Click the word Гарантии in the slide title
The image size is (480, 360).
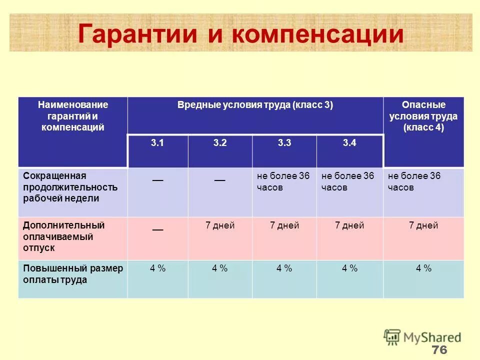click(136, 34)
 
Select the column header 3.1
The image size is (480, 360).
click(157, 143)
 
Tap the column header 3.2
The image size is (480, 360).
click(220, 143)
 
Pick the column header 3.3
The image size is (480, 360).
click(284, 143)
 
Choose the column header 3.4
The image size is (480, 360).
click(349, 143)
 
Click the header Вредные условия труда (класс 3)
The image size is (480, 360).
click(255, 105)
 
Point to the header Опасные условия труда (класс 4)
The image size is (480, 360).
click(423, 116)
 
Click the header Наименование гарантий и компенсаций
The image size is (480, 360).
click(73, 116)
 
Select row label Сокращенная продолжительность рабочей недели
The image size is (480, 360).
click(70, 187)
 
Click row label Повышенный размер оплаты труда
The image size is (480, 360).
click(72, 274)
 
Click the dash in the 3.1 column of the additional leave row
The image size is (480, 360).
click(157, 229)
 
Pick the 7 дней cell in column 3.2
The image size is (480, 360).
click(220, 226)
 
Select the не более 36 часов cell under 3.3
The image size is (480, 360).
click(283, 182)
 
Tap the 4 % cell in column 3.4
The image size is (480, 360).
click(349, 269)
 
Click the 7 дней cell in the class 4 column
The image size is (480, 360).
click(423, 226)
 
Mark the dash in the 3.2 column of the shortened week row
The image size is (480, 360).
click(220, 179)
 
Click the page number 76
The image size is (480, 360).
click(439, 349)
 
